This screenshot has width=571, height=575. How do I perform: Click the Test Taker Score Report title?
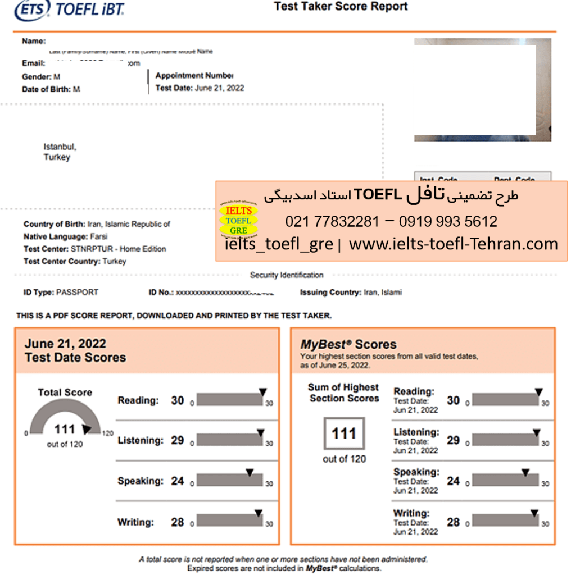341,7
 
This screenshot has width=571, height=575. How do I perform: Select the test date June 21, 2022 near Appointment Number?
219,88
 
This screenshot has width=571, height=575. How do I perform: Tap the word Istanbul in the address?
59,147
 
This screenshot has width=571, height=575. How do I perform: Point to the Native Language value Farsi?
98,236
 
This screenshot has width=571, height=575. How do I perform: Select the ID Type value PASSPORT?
78,293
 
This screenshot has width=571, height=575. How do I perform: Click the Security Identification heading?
287,275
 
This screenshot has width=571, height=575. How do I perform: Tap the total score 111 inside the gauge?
65,430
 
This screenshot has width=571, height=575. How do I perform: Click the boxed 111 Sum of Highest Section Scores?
344,433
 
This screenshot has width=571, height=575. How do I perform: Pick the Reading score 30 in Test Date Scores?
178,400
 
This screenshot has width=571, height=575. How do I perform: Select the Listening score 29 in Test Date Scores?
178,440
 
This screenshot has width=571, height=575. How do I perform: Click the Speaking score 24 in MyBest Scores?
453,481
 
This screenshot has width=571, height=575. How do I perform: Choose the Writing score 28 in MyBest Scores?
453,522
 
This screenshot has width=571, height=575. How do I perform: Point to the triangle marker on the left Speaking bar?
250,473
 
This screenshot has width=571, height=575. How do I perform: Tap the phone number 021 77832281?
332,222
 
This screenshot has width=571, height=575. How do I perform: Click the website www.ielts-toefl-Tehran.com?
453,244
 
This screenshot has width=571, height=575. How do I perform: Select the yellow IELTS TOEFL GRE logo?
238,221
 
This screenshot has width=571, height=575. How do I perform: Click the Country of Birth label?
55,224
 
